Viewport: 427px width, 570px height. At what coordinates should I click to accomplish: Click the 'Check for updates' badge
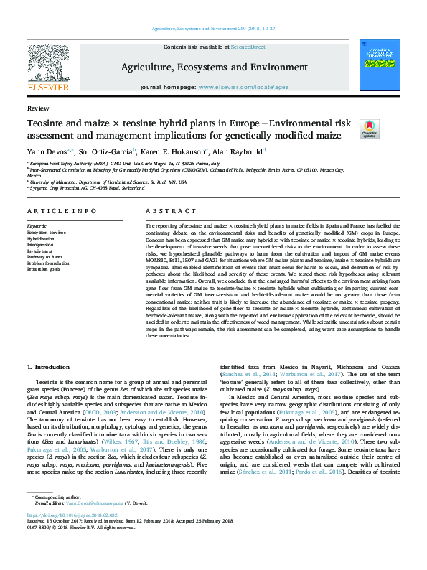369,129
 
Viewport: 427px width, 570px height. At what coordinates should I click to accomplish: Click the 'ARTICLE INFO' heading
62,211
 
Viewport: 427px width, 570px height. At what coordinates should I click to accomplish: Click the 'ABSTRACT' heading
170,211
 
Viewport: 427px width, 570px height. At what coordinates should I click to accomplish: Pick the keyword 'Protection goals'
43,268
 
